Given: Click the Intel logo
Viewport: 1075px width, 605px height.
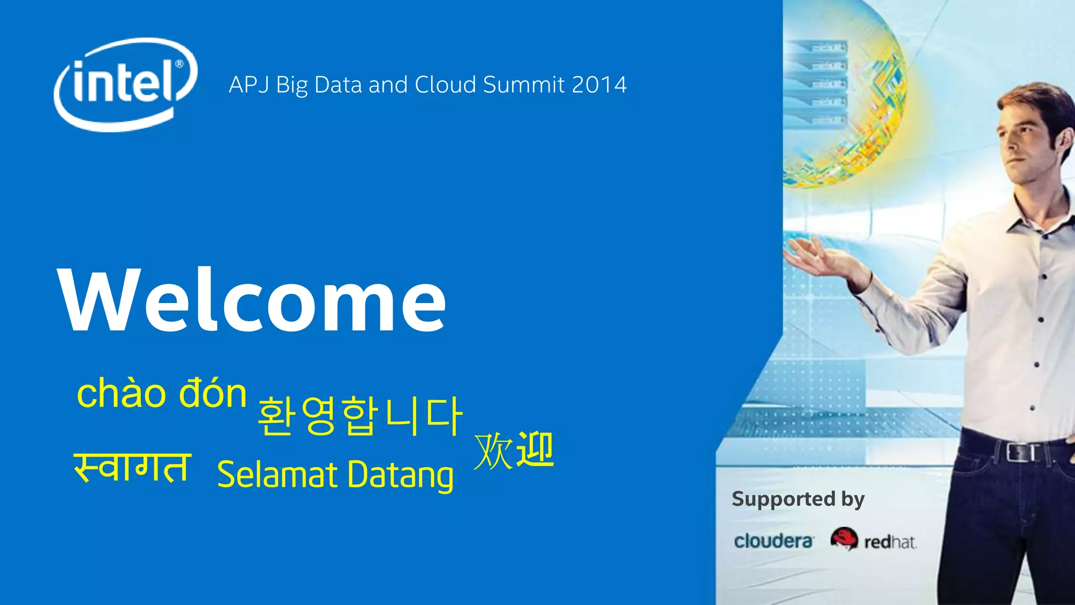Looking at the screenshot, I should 125,84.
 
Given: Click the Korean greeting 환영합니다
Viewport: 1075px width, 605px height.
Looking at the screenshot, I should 360,416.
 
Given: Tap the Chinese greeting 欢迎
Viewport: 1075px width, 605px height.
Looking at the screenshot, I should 513,451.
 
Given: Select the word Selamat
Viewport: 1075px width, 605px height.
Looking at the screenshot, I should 277,474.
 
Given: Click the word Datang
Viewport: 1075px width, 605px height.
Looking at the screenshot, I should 400,475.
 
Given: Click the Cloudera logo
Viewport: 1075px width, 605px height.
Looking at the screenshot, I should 773,541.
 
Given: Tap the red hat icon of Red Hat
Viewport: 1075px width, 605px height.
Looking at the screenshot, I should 844,538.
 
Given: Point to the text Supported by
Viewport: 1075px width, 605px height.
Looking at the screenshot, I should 797,499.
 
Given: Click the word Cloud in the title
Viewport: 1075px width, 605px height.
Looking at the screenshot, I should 445,85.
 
